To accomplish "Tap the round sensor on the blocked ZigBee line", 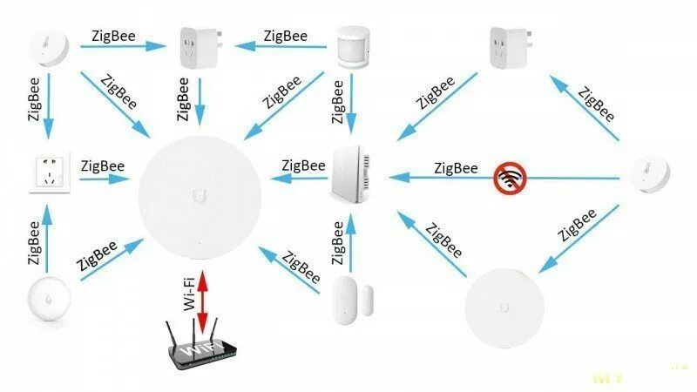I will (x=648, y=177).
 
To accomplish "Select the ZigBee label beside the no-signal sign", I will (x=456, y=167).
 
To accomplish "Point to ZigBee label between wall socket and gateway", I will (x=102, y=166).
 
